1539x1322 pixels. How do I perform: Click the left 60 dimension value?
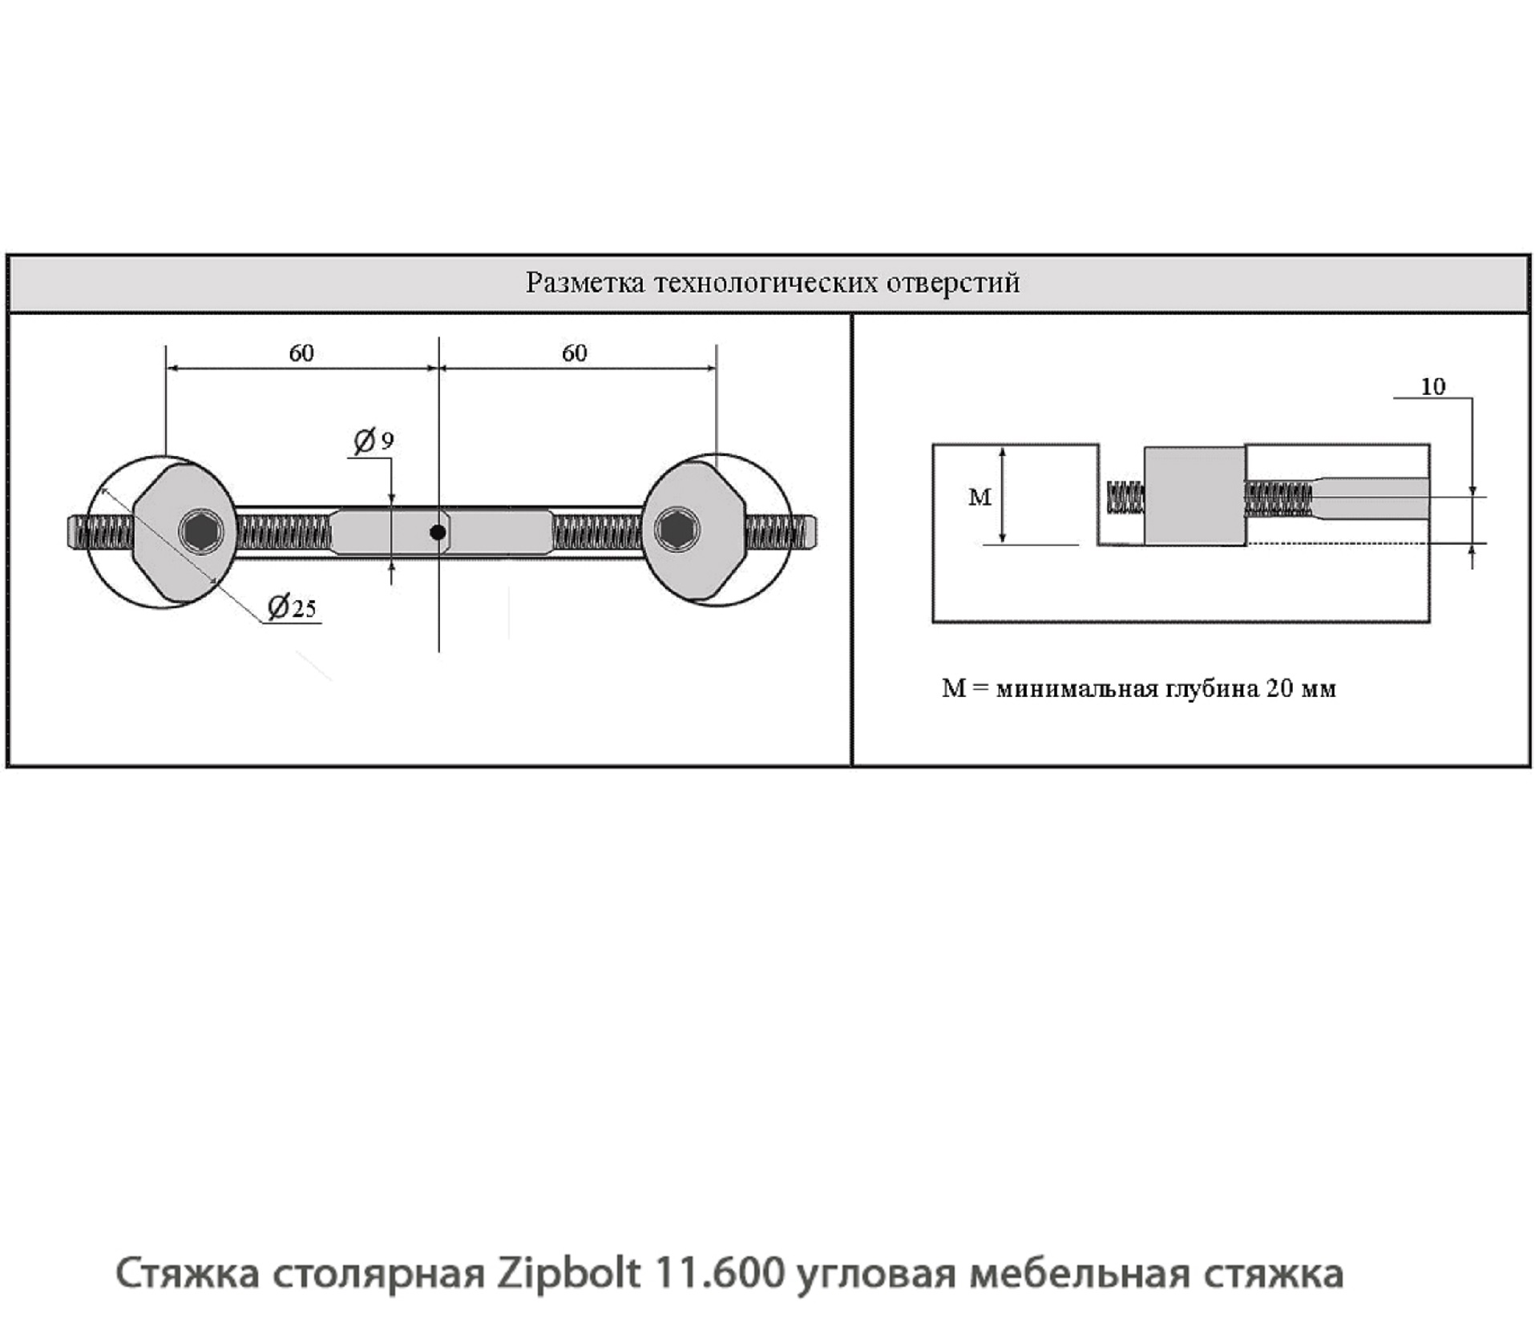pyautogui.click(x=301, y=353)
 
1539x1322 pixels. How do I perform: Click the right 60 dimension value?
pyautogui.click(x=574, y=353)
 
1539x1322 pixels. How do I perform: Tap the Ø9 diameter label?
pyautogui.click(x=374, y=441)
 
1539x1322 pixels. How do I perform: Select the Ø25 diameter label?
pyautogui.click(x=292, y=607)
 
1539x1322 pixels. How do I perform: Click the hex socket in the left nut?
pyautogui.click(x=200, y=530)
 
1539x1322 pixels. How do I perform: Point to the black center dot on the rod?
pyautogui.click(x=438, y=531)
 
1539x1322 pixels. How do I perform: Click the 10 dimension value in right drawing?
pyautogui.click(x=1432, y=387)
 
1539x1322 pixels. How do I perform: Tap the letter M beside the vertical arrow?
pyautogui.click(x=980, y=498)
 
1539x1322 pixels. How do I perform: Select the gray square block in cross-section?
pyautogui.click(x=1194, y=496)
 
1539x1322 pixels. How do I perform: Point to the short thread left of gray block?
pyautogui.click(x=1124, y=496)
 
